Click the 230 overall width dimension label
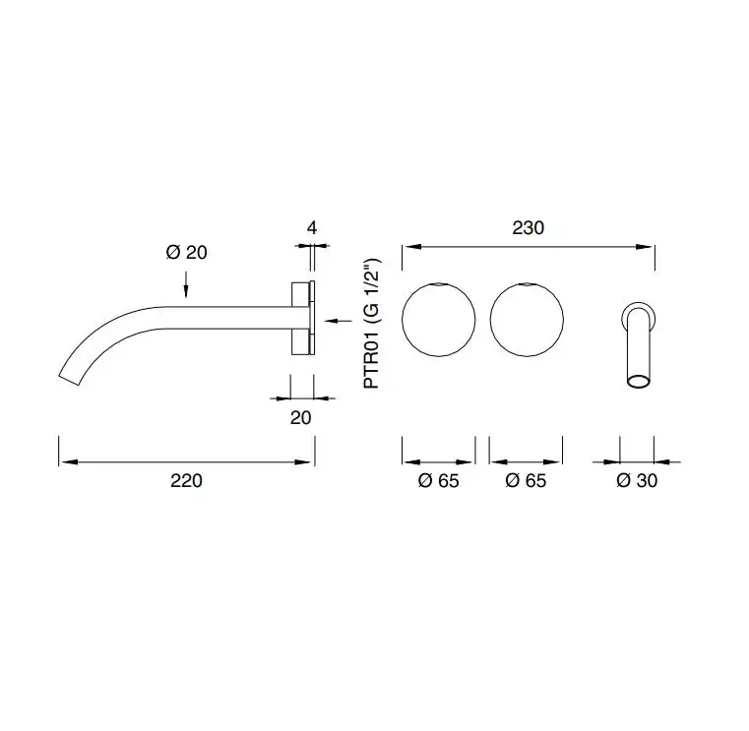click(528, 228)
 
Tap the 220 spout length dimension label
click(186, 480)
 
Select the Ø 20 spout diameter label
click(187, 252)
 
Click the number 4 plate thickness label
click(312, 228)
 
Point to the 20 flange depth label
click(301, 418)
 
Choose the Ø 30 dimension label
click(637, 480)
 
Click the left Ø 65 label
click(439, 480)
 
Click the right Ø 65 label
click(526, 480)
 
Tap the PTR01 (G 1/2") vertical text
click(372, 324)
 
